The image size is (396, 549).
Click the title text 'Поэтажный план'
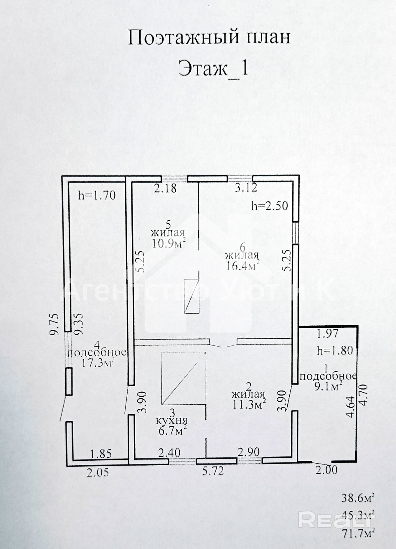(209, 37)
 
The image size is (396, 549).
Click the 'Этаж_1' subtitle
(213, 68)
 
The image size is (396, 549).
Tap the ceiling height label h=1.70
(97, 196)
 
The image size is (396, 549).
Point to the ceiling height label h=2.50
(269, 206)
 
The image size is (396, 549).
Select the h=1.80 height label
(335, 350)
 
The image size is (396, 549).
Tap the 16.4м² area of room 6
(242, 266)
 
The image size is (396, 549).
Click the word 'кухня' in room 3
(171, 420)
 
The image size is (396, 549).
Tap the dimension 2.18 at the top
(165, 188)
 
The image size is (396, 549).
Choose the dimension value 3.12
(246, 188)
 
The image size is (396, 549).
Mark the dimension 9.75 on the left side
(57, 323)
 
